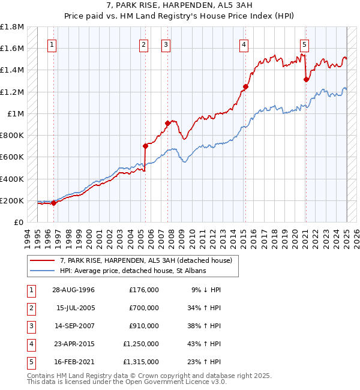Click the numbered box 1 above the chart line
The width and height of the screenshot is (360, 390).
point(52,44)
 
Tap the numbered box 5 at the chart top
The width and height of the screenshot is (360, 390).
point(305,44)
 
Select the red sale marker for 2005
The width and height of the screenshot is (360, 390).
point(145,146)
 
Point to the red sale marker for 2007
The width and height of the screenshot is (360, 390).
point(167,123)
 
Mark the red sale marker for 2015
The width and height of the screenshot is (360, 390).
point(245,86)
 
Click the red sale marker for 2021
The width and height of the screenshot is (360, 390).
point(306,79)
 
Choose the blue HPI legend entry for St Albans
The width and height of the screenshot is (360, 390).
point(133,271)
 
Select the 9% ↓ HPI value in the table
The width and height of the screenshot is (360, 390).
point(206,290)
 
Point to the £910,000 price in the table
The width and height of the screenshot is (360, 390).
point(144,326)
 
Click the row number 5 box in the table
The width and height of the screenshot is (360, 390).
point(31,362)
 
